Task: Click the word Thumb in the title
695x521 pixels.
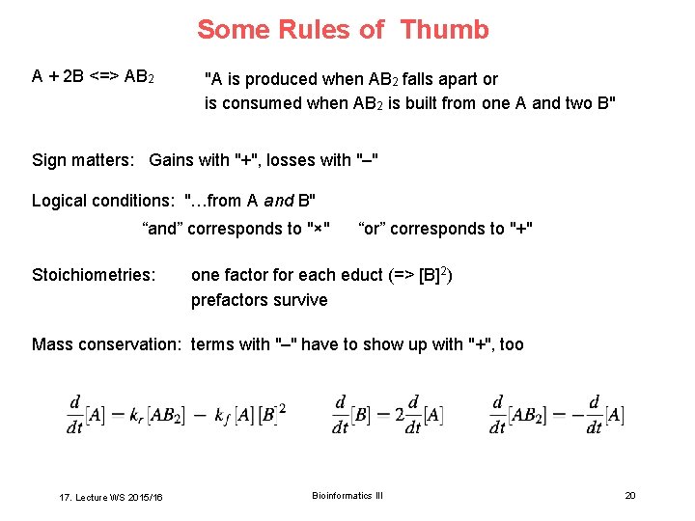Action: point(444,30)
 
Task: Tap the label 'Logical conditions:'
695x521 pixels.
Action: point(102,201)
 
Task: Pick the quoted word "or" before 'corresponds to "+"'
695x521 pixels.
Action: point(374,229)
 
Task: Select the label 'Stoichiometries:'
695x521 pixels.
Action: point(94,275)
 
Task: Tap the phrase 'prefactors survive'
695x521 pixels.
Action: point(259,300)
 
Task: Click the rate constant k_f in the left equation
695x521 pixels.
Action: point(221,416)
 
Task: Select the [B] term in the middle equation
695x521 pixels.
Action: point(362,415)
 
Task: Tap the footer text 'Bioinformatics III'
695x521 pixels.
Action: point(347,495)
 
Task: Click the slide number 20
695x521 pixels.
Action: point(630,495)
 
